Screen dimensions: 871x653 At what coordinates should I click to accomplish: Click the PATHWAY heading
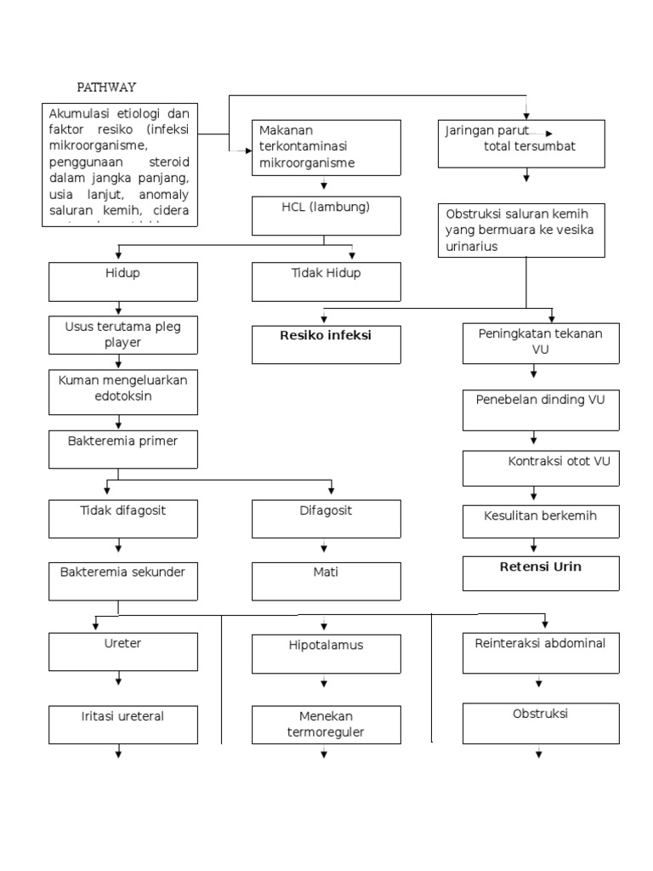[106, 87]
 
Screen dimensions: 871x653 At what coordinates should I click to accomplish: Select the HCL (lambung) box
[326, 215]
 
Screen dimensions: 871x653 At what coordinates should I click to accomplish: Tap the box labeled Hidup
[124, 282]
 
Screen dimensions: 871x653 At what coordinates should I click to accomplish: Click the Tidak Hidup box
[326, 282]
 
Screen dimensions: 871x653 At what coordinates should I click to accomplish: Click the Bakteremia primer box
[124, 449]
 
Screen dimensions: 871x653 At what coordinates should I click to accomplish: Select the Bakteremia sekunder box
[124, 580]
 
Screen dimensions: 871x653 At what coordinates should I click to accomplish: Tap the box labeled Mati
[326, 580]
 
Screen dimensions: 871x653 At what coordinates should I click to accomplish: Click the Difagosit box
[326, 518]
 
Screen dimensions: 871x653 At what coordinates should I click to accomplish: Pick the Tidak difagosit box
[124, 518]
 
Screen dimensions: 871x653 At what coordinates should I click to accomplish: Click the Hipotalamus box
[326, 652]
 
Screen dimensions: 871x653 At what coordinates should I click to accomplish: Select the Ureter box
[124, 652]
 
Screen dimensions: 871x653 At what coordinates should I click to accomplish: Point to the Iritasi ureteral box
[124, 724]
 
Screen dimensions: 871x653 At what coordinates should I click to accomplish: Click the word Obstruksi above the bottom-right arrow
[540, 713]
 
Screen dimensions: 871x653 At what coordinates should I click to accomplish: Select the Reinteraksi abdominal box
[540, 651]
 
